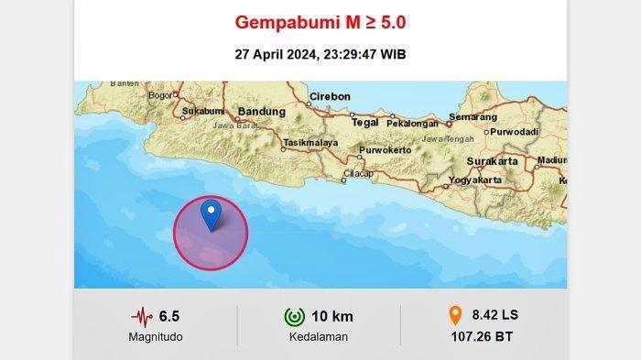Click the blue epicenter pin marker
click(x=212, y=214)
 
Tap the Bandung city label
click(x=255, y=113)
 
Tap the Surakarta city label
click(x=491, y=160)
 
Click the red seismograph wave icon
click(x=142, y=317)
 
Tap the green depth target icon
click(x=294, y=317)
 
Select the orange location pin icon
click(x=452, y=316)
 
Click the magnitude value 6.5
click(x=169, y=317)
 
